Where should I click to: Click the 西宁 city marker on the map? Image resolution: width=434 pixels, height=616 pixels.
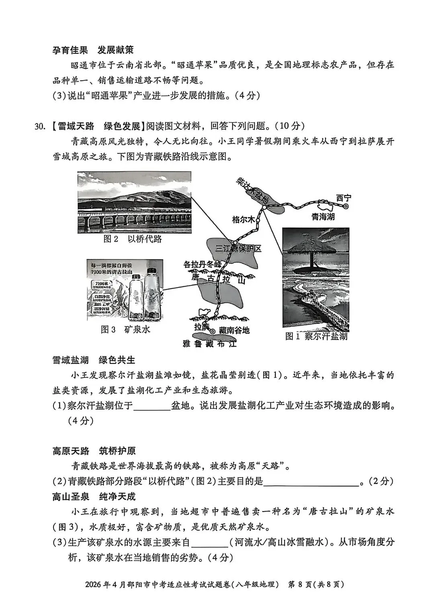345,206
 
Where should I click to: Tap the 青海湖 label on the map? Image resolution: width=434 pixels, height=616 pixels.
323,217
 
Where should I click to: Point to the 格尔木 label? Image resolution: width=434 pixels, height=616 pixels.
243,220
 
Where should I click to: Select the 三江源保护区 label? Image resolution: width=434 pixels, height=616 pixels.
238,249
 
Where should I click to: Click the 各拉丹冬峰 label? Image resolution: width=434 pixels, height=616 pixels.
202,264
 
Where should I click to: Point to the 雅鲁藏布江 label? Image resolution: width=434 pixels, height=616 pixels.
209,344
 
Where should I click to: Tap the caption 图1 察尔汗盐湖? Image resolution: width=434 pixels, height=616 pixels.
316,336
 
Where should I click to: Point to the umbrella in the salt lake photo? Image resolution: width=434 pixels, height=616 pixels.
311,249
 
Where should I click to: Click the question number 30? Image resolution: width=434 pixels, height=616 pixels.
39,126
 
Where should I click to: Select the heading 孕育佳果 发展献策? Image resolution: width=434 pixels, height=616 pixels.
93,50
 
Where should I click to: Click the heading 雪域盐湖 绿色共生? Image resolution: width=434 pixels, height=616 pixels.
94,360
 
